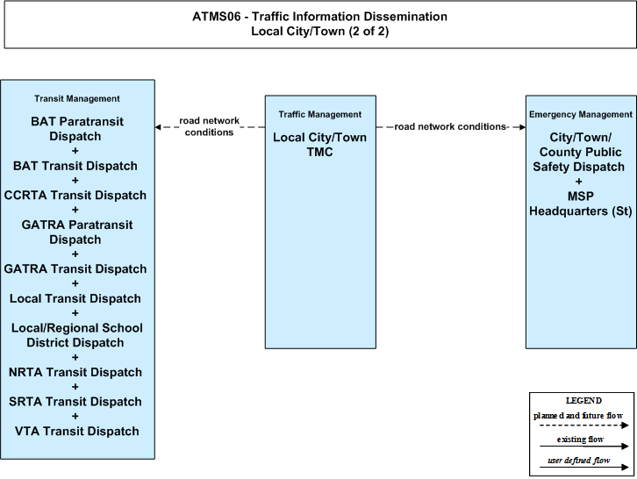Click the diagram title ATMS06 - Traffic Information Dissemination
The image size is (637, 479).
(319, 17)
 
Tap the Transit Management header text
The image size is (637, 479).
(77, 99)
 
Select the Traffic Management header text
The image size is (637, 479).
(320, 115)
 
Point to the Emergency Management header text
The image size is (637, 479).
(581, 115)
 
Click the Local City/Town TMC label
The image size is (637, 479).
(319, 145)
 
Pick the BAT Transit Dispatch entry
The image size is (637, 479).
(75, 166)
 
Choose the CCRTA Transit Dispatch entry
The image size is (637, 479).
(75, 196)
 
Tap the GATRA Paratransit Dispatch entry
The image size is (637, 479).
(77, 232)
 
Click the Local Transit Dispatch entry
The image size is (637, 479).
(75, 298)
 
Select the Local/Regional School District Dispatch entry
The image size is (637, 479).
(77, 335)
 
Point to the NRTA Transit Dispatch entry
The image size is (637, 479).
(75, 372)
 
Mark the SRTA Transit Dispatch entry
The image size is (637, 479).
(75, 402)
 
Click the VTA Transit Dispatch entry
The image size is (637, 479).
(77, 431)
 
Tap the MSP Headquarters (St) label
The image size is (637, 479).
(581, 204)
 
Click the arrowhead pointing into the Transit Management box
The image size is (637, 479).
(158, 127)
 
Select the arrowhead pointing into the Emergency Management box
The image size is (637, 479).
(522, 127)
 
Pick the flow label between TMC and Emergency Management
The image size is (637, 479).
(450, 126)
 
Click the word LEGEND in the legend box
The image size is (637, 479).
(583, 401)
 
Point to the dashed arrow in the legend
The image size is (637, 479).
(584, 425)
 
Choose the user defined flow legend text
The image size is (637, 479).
(579, 461)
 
